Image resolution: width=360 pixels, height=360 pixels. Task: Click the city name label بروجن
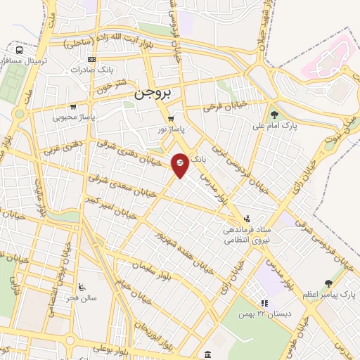(x=153, y=93)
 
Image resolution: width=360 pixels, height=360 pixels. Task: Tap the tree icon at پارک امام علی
(x=274, y=115)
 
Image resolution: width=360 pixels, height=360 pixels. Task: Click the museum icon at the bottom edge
(x=204, y=354)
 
